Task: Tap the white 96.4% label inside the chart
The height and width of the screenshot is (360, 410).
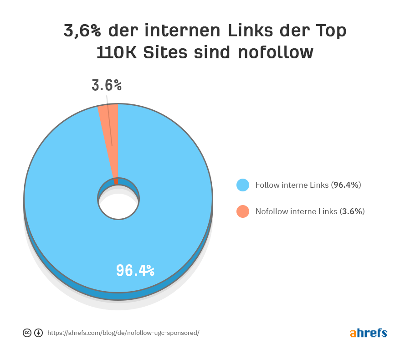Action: pos(135,270)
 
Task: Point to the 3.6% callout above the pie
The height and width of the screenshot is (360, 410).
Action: pos(107,85)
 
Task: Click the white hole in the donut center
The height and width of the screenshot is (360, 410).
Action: pos(118,205)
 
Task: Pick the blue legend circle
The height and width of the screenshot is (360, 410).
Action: pos(243,185)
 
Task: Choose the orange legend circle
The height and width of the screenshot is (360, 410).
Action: pos(243,211)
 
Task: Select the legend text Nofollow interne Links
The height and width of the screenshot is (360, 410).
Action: pos(297,211)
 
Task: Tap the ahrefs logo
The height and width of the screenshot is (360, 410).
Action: pos(369,333)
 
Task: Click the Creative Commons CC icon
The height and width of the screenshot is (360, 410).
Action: pos(27,333)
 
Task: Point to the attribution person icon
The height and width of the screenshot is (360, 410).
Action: pos(39,333)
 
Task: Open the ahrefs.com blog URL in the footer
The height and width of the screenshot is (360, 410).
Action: pos(123,333)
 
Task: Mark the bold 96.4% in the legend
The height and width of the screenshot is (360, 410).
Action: pos(346,185)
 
